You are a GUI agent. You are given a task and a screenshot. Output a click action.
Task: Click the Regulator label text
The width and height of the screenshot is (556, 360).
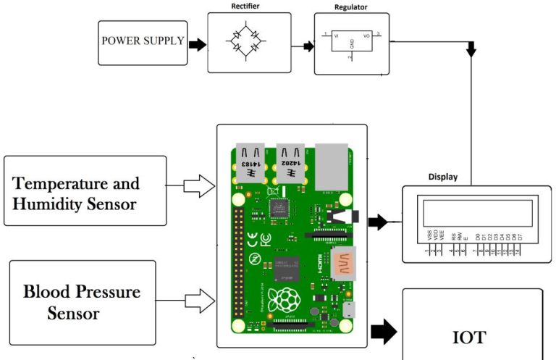click(x=351, y=8)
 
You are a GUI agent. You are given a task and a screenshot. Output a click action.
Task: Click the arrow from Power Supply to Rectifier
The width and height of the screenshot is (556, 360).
click(x=196, y=44)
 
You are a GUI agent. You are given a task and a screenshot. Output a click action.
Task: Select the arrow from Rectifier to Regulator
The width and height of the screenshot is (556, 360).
click(x=307, y=46)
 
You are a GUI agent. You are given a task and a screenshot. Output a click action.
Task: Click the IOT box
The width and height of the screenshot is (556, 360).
click(x=472, y=336)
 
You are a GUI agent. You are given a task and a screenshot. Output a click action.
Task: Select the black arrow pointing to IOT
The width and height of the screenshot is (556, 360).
click(x=384, y=332)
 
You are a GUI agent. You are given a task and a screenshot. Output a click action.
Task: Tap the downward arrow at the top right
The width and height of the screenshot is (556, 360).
click(x=472, y=50)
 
